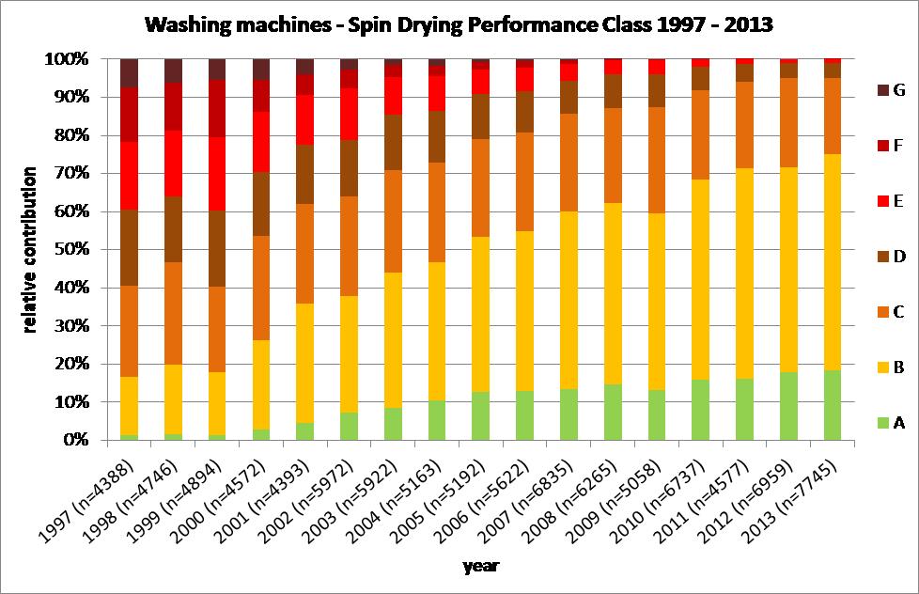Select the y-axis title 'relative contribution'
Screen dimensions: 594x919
[x=30, y=250]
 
